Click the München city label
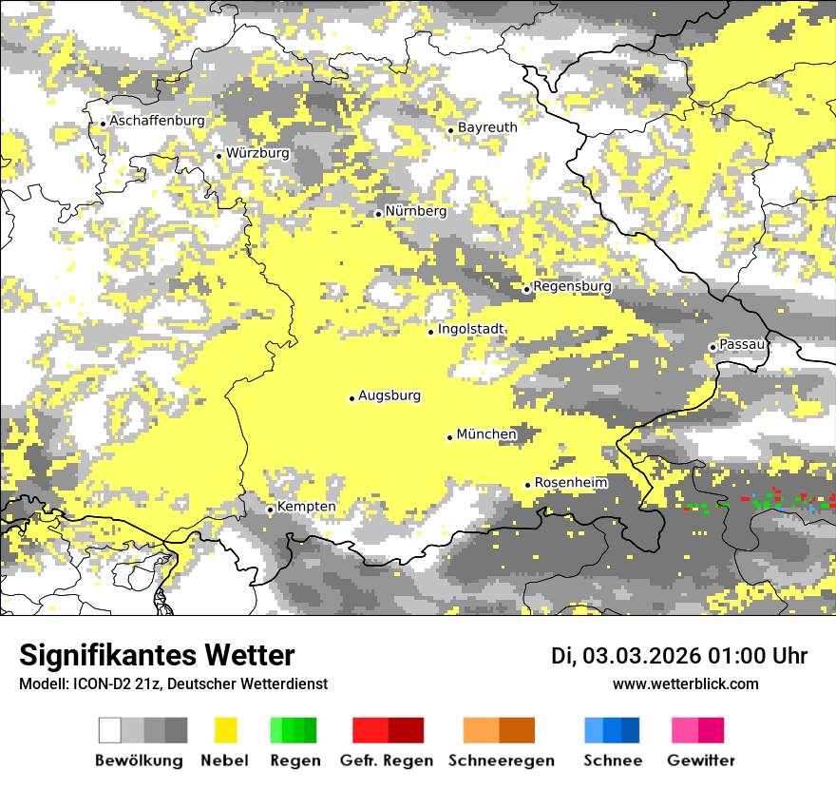tap(486, 434)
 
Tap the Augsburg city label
tap(389, 395)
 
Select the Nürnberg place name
tap(415, 211)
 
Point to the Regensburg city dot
tap(526, 289)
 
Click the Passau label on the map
tap(742, 344)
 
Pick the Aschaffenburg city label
tap(157, 121)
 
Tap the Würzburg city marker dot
tap(218, 156)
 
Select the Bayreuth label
tap(487, 127)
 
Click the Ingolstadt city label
tap(471, 329)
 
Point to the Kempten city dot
tap(270, 510)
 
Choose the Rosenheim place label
tap(571, 483)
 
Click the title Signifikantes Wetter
tap(157, 655)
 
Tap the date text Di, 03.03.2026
tap(626, 656)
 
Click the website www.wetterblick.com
tap(685, 683)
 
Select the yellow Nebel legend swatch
tap(225, 730)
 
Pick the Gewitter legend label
tap(700, 760)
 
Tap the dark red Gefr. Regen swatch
tap(406, 730)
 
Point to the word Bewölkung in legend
tap(139, 760)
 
